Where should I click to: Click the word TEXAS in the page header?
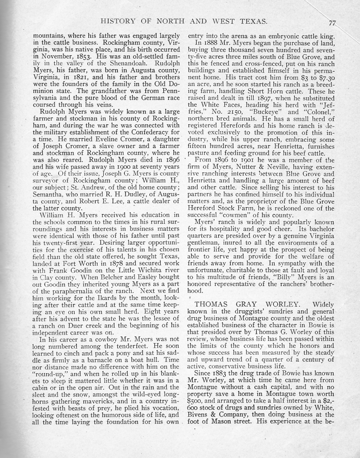(x=250, y=22)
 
